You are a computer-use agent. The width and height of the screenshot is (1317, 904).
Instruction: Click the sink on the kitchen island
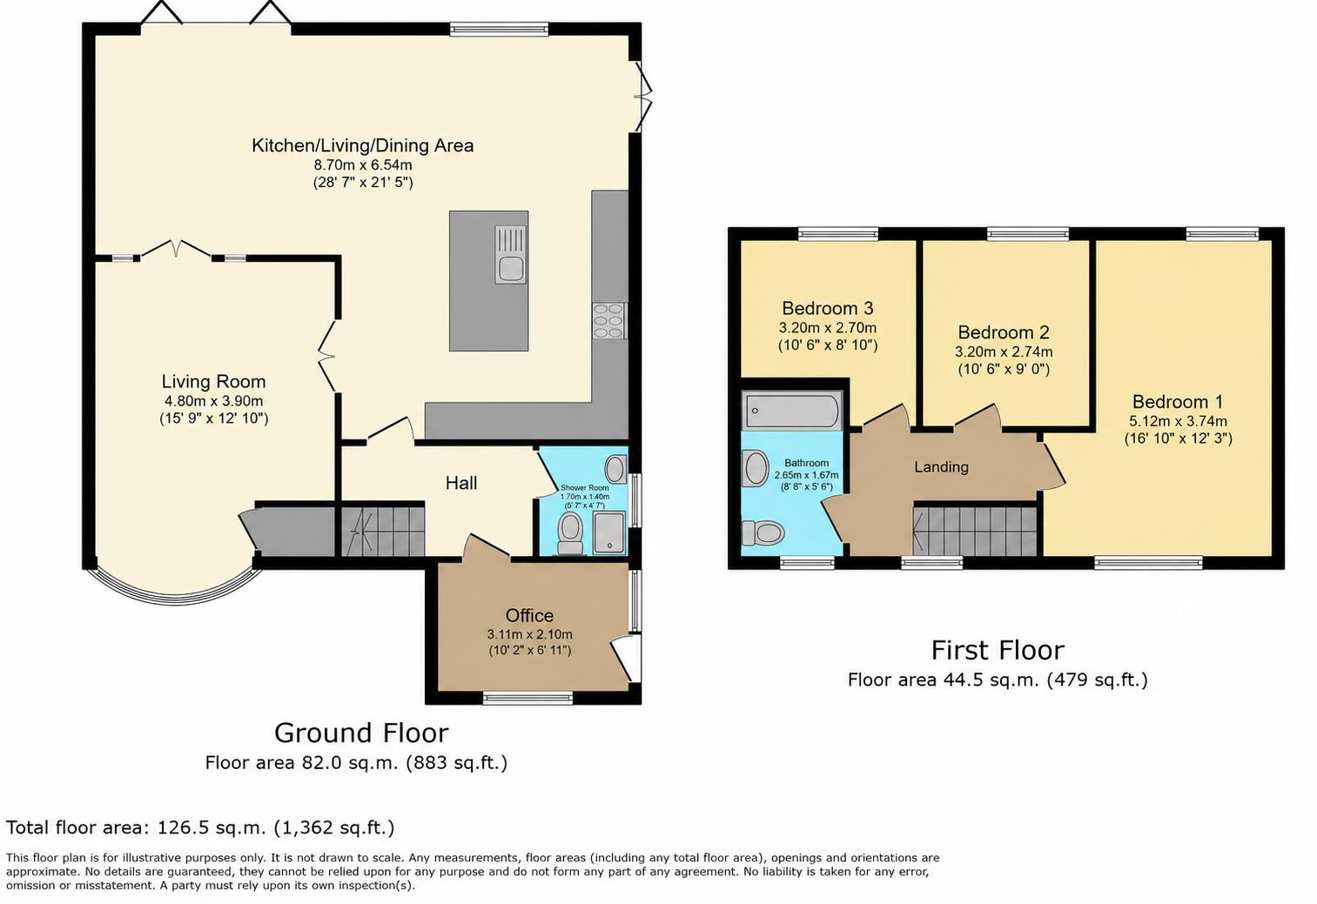pos(510,255)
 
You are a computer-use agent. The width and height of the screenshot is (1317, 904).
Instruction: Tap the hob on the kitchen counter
pos(609,320)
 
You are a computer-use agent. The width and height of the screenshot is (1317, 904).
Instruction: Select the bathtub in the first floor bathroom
pos(793,410)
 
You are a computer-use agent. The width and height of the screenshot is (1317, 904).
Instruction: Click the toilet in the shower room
pos(570,533)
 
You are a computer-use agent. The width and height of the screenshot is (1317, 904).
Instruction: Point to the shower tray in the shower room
pos(609,532)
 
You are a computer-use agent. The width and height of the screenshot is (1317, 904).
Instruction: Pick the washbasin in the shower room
pos(615,469)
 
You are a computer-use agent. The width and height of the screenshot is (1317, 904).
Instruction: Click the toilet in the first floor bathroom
pos(763,533)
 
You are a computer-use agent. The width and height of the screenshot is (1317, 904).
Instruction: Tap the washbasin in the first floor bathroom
pos(756,468)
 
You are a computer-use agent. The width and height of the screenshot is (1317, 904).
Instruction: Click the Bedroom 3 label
pos(827,308)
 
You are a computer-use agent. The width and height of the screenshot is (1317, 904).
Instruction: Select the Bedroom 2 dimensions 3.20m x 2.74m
pos(1003,352)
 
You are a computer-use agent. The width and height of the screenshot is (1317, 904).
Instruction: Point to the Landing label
pos(941,466)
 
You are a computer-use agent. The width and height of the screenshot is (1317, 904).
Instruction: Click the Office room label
pos(529,615)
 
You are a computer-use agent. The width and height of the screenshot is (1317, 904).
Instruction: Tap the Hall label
pos(461,483)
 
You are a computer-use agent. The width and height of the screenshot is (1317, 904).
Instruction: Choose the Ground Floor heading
pos(361,733)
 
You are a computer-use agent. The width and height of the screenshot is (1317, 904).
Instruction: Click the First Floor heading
pos(998,650)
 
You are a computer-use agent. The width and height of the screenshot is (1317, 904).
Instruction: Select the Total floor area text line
pos(200,827)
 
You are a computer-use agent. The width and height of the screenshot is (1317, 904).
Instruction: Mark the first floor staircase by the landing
pos(975,531)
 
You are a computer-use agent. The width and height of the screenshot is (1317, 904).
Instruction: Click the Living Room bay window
pos(173,590)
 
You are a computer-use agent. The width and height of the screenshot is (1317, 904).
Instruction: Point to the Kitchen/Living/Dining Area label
pos(362,145)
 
